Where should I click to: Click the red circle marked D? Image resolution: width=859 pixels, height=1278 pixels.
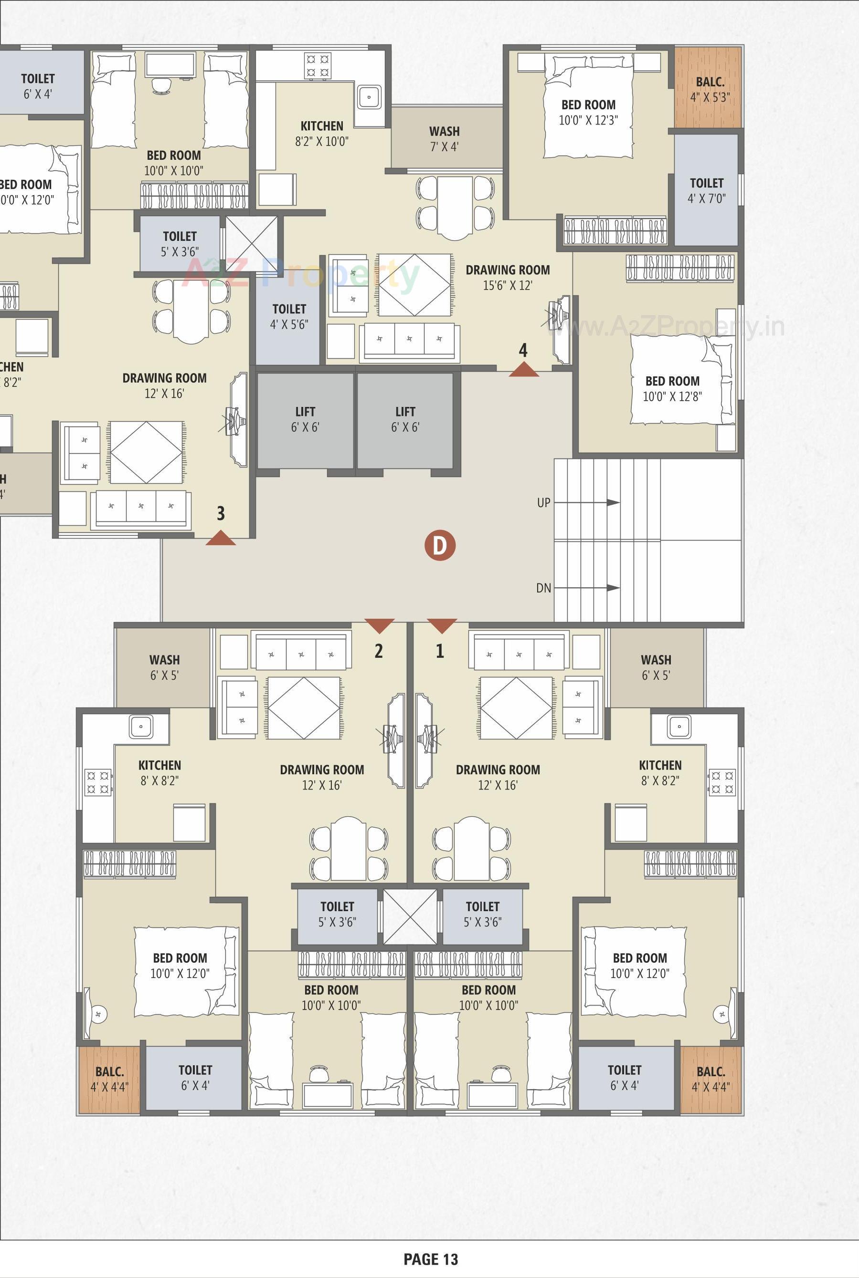(x=440, y=545)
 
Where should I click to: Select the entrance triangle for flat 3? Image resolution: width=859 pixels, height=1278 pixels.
(x=221, y=539)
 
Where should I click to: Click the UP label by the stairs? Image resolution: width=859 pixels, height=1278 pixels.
(x=543, y=502)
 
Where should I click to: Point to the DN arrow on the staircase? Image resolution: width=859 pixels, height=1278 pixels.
(x=613, y=588)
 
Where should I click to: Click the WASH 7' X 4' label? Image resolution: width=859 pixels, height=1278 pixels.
(x=444, y=138)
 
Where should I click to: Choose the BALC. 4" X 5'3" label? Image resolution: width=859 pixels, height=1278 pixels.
(x=710, y=90)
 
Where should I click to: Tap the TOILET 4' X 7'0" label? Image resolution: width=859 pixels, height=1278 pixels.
(x=706, y=190)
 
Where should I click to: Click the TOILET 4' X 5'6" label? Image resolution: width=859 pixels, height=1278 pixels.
(x=289, y=316)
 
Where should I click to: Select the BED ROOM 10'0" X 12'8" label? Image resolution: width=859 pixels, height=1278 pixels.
(x=672, y=389)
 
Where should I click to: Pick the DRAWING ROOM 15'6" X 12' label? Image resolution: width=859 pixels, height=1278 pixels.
(x=508, y=277)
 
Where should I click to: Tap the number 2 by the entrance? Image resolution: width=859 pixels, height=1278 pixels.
(x=379, y=651)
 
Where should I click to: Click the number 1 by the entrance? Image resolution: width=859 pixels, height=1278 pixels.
(x=439, y=651)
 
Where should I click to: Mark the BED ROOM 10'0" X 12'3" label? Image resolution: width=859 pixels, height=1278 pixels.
(x=588, y=112)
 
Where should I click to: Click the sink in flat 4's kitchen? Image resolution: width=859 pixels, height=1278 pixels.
(x=369, y=97)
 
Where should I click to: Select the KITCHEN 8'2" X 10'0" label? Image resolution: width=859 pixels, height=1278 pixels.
(x=321, y=134)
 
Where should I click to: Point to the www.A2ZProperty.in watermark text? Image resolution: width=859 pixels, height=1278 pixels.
(x=666, y=327)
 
